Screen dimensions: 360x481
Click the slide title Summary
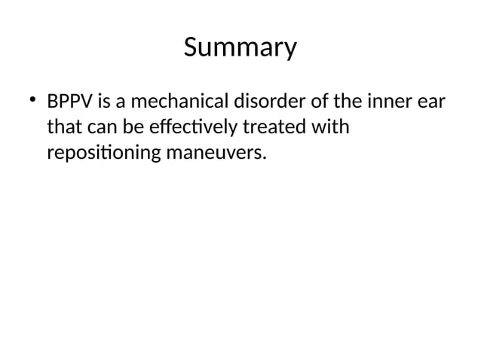pyautogui.click(x=240, y=48)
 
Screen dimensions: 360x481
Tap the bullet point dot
pyautogui.click(x=32, y=100)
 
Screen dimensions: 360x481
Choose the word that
pyautogui.click(x=63, y=127)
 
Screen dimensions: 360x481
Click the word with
pyautogui.click(x=332, y=127)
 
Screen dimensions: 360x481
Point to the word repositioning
pyautogui.click(x=103, y=154)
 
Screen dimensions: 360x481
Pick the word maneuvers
pyautogui.click(x=213, y=154)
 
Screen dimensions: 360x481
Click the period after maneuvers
pyautogui.click(x=265, y=159)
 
